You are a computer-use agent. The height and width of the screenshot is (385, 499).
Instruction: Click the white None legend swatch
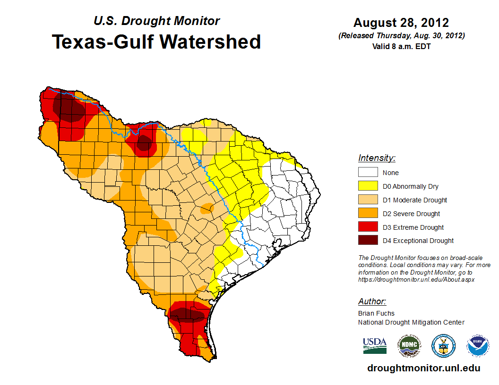368,173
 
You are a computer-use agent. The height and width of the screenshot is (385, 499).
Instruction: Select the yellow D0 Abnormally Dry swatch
368,186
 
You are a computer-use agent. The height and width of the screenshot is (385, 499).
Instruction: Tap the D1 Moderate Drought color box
368,200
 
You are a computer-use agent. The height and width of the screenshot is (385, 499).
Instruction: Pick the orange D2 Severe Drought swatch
368,214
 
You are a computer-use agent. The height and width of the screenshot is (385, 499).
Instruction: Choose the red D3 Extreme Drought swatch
368,227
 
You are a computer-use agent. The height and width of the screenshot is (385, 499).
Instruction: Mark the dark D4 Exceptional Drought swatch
368,241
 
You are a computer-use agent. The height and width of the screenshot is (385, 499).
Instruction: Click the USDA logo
375,345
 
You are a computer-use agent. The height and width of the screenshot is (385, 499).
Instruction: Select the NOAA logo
478,346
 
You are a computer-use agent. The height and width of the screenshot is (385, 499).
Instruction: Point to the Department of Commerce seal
443,346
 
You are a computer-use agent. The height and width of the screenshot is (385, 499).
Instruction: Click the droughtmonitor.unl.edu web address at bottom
423,368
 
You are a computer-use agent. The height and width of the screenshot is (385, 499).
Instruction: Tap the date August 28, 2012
401,23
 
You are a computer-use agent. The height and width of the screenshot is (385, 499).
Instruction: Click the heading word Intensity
377,158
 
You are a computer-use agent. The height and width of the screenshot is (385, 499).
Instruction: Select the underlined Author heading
372,301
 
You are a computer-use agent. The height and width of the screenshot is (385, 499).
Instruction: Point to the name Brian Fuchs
376,313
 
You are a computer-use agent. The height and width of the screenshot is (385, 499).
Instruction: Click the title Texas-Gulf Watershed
156,42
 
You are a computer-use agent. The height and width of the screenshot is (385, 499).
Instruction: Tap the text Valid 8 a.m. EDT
401,46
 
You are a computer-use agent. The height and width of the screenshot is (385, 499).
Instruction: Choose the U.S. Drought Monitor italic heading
156,21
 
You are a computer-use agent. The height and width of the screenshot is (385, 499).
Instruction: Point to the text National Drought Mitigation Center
411,322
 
